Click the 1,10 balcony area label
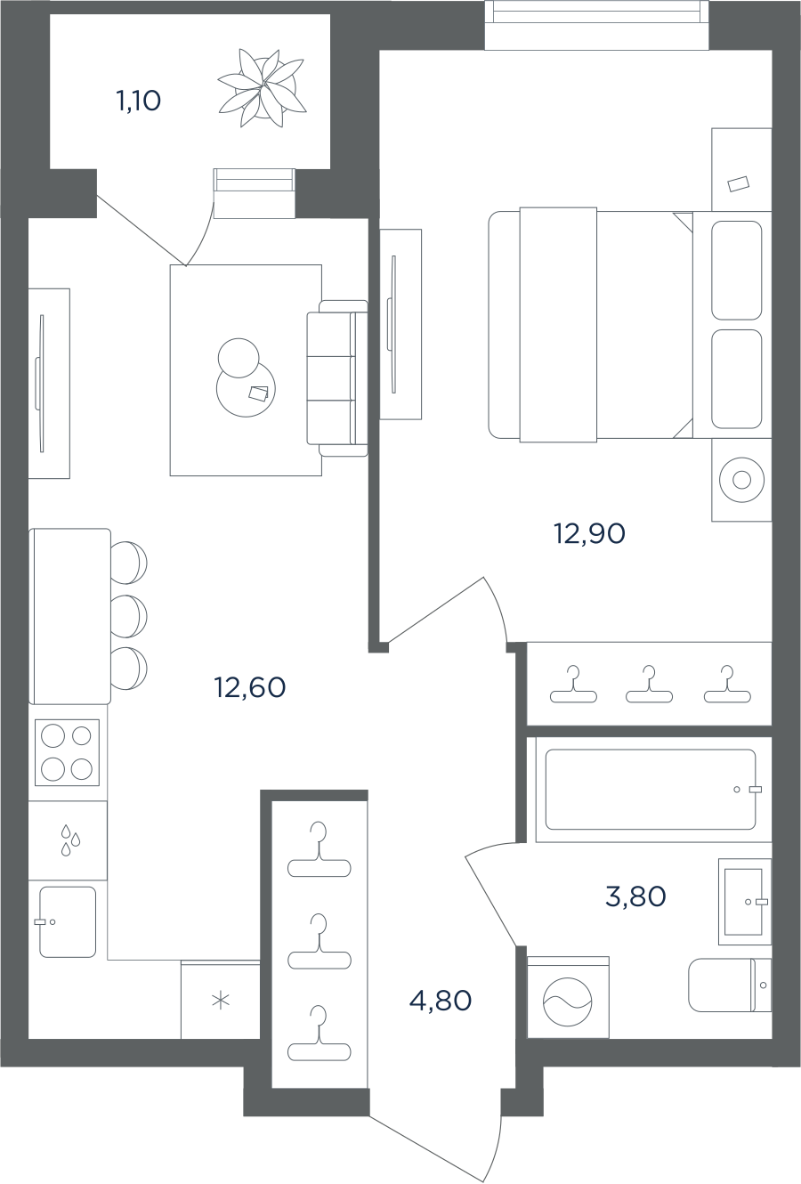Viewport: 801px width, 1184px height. tap(138, 101)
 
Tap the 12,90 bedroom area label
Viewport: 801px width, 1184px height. tap(589, 534)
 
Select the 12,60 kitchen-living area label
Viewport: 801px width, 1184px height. tap(250, 687)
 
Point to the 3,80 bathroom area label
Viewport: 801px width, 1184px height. tap(635, 896)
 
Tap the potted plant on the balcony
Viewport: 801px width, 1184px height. tap(263, 88)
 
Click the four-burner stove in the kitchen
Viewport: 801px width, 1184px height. tap(67, 752)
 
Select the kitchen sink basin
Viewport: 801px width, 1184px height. tap(69, 922)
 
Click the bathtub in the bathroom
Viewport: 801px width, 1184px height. tap(651, 789)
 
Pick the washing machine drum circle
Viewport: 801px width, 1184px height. tap(568, 1002)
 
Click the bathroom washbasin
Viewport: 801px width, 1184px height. tap(744, 902)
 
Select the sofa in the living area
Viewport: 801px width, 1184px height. tap(337, 378)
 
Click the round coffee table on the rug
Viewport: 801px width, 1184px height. tap(247, 389)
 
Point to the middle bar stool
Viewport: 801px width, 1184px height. tap(129, 616)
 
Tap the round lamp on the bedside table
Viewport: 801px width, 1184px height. tap(742, 480)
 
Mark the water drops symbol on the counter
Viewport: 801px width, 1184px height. tap(70, 839)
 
